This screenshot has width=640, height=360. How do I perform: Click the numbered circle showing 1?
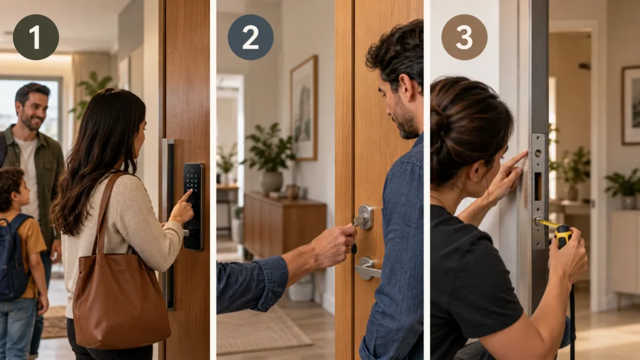[36, 37]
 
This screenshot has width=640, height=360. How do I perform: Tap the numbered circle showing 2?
[251, 37]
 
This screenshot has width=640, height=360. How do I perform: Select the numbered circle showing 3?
[464, 37]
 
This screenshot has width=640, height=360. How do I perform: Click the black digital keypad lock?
[193, 206]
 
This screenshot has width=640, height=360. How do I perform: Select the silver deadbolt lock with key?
[364, 217]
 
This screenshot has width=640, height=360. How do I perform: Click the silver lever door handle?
[367, 269]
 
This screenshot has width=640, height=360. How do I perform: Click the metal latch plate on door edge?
[538, 191]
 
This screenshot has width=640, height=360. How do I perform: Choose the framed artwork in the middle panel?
[304, 108]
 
